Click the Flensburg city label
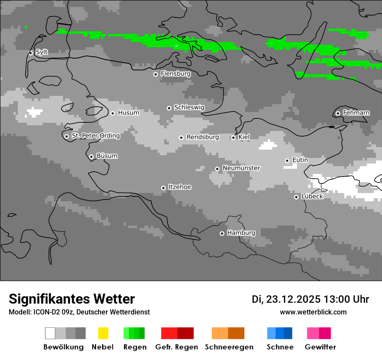pyautogui.click(x=175, y=74)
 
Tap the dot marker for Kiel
pyautogui.click(x=233, y=137)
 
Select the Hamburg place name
pyautogui.click(x=241, y=233)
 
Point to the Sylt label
pyautogui.click(x=42, y=52)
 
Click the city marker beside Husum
pyautogui.click(x=112, y=113)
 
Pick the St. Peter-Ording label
pyautogui.click(x=95, y=136)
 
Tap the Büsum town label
pyautogui.click(x=107, y=156)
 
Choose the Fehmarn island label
pyautogui.click(x=356, y=113)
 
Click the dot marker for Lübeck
pyautogui.click(x=296, y=197)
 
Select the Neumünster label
pyautogui.click(x=241, y=168)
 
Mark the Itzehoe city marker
pyautogui.click(x=163, y=188)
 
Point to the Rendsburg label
pyautogui.click(x=202, y=137)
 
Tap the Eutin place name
pyautogui.click(x=300, y=160)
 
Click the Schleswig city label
pyautogui.click(x=189, y=107)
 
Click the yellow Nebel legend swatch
pyautogui.click(x=103, y=333)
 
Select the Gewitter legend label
pyautogui.click(x=320, y=347)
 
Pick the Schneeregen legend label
pyautogui.click(x=229, y=347)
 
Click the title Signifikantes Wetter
pyautogui.click(x=72, y=299)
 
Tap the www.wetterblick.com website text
pyautogui.click(x=313, y=312)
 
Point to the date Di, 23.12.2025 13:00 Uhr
pyautogui.click(x=310, y=299)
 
